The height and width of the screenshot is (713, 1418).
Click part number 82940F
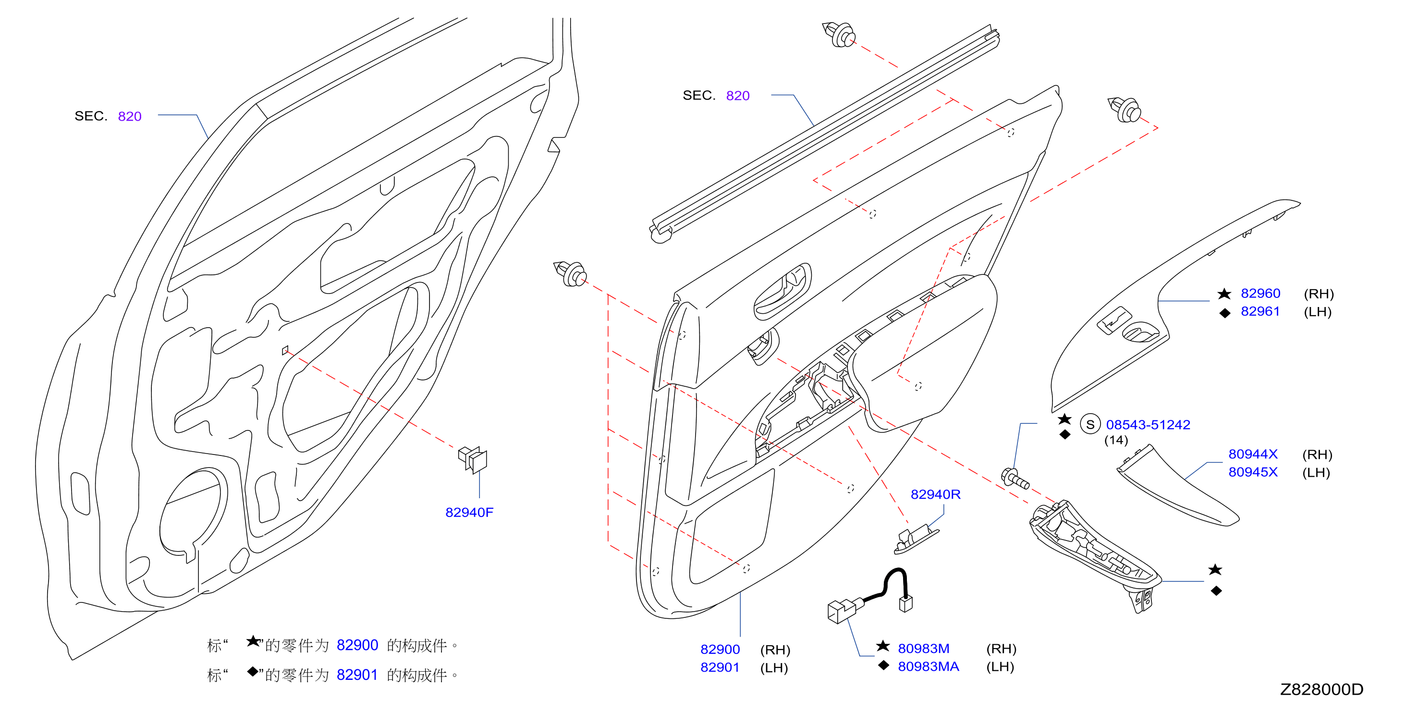coord(469,513)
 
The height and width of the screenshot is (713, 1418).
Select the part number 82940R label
coord(935,494)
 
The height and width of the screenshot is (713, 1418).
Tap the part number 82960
coord(1260,294)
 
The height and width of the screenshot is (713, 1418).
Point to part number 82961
coord(1260,312)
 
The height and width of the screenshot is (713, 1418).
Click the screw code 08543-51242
coord(1148,425)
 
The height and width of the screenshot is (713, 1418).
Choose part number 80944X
coord(1253,454)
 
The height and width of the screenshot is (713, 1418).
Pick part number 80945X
coord(1253,472)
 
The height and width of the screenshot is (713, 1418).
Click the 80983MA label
coord(929,667)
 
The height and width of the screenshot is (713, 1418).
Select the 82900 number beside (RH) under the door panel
coord(720,650)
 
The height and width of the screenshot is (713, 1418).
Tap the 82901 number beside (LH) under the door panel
coord(720,668)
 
